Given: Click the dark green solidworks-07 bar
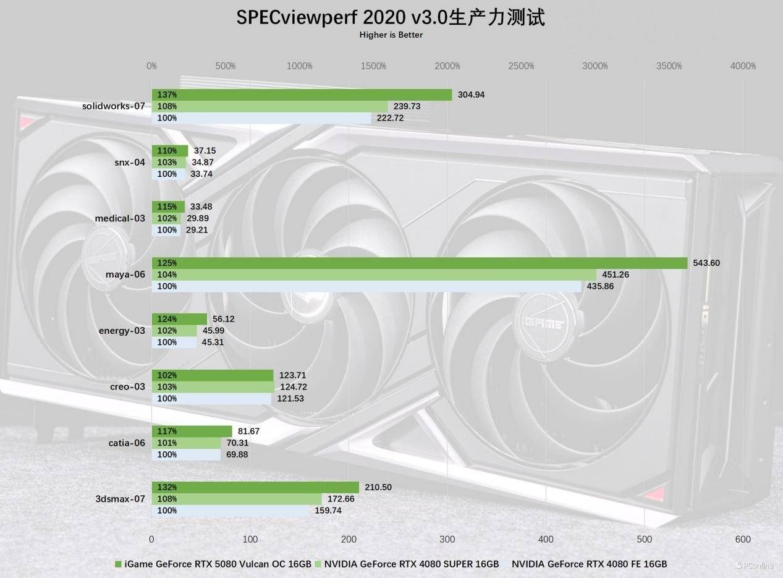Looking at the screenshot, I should pos(302,95).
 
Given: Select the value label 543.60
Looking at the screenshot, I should pos(706,263).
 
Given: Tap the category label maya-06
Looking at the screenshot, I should pos(125,274).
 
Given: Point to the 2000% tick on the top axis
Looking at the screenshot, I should pos(447,66).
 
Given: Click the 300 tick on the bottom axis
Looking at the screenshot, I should pos(447,539).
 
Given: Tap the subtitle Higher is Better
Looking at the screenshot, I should pos(391,35).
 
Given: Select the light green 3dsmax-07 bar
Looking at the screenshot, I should pos(237,499).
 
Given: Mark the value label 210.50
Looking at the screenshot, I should pos(378,487).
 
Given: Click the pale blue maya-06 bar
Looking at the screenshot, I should pos(366,286).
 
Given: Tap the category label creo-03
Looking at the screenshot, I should pos(127,387).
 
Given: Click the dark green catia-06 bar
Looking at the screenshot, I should pos(192,431).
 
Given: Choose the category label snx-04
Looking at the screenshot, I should pos(129,163).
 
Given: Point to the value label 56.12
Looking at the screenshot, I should pos(223,319).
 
